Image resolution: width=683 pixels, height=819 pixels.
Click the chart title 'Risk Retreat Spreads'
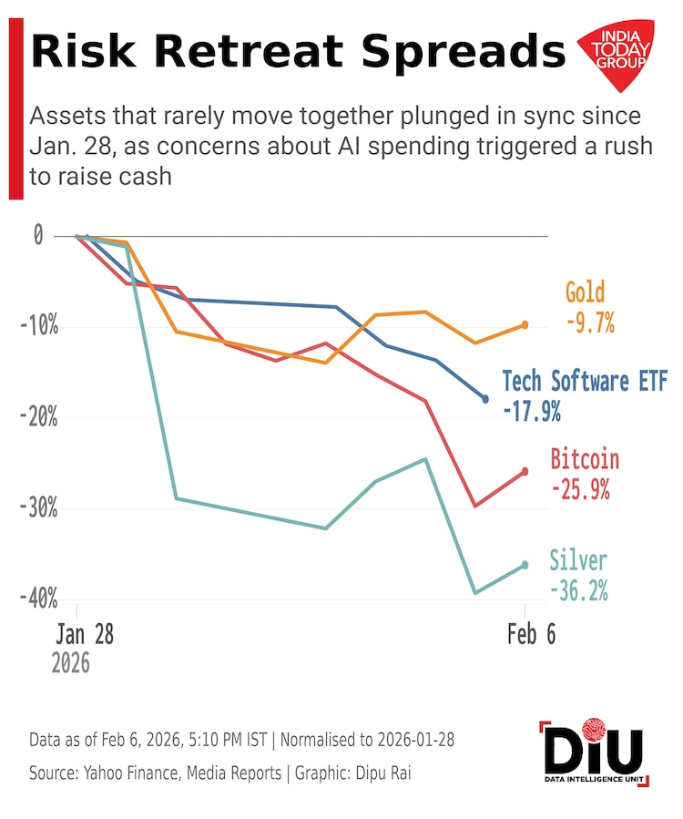click(297, 53)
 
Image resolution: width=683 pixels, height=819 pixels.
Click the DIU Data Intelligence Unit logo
click(593, 755)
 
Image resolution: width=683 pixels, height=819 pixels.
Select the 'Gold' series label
click(585, 293)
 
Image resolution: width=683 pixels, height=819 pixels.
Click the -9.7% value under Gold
click(590, 322)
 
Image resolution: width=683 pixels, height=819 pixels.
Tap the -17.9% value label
click(531, 412)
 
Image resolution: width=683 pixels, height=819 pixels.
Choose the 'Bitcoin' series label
click(585, 459)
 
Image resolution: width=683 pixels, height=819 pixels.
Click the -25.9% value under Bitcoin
click(580, 489)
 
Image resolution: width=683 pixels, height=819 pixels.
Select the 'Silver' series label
click(578, 559)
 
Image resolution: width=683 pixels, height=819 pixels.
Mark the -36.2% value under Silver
click(579, 590)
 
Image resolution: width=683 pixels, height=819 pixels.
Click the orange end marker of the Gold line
click(525, 325)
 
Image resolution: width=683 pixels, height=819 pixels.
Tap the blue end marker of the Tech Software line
click(485, 399)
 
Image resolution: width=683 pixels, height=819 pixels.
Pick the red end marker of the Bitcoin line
click(525, 471)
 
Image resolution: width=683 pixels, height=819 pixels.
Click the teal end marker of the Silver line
click(525, 565)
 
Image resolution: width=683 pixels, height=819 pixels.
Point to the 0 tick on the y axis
click(38, 235)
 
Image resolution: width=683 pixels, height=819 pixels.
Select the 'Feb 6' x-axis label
click(531, 635)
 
